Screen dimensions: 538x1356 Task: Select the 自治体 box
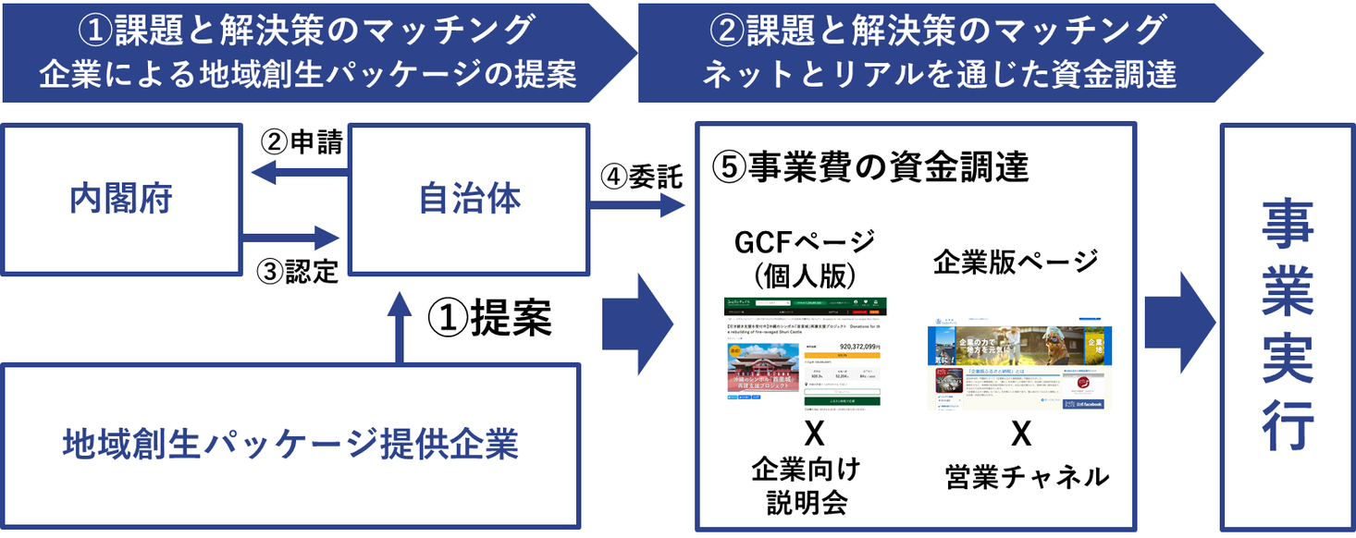tap(469, 199)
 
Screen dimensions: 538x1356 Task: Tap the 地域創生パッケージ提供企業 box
tap(290, 446)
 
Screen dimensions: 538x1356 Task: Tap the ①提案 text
tap(489, 319)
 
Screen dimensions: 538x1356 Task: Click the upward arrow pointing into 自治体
tap(399, 328)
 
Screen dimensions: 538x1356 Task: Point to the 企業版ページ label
tap(1017, 262)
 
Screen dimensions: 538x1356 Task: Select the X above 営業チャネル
tap(1020, 432)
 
